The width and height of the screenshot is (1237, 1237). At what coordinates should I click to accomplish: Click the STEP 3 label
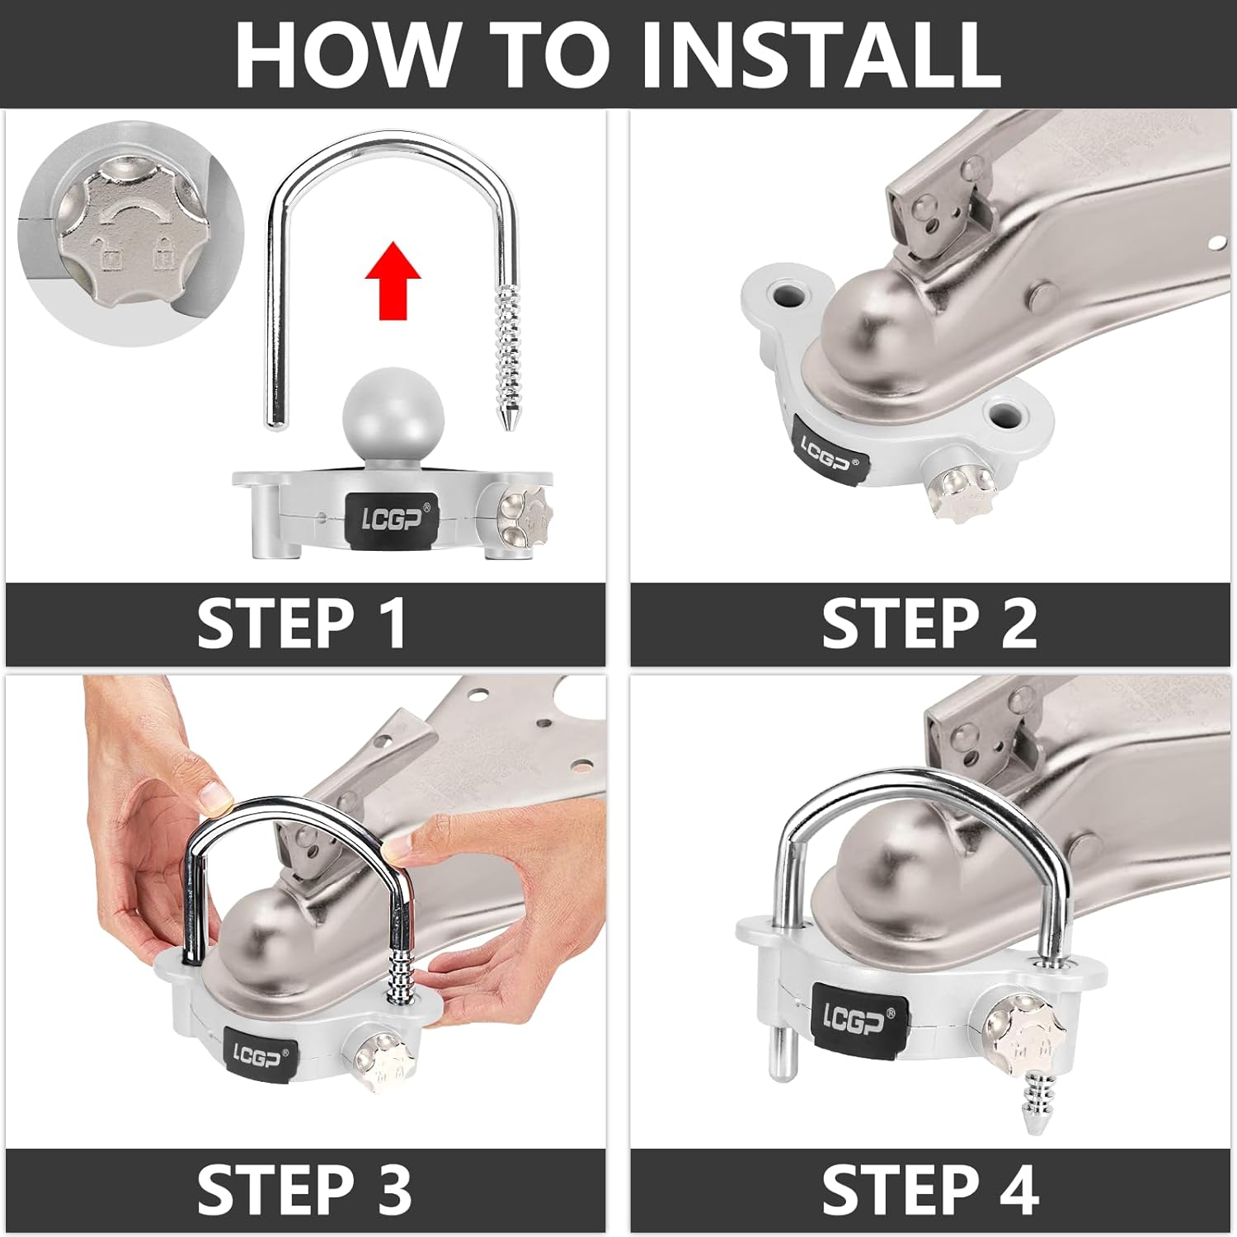coord(304,1189)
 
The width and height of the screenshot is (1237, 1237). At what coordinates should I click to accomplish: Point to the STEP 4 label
coord(930,1189)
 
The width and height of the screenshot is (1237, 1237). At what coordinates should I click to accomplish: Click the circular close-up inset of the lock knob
coord(132,233)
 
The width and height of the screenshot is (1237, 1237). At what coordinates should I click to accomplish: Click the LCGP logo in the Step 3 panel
coord(261,1055)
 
